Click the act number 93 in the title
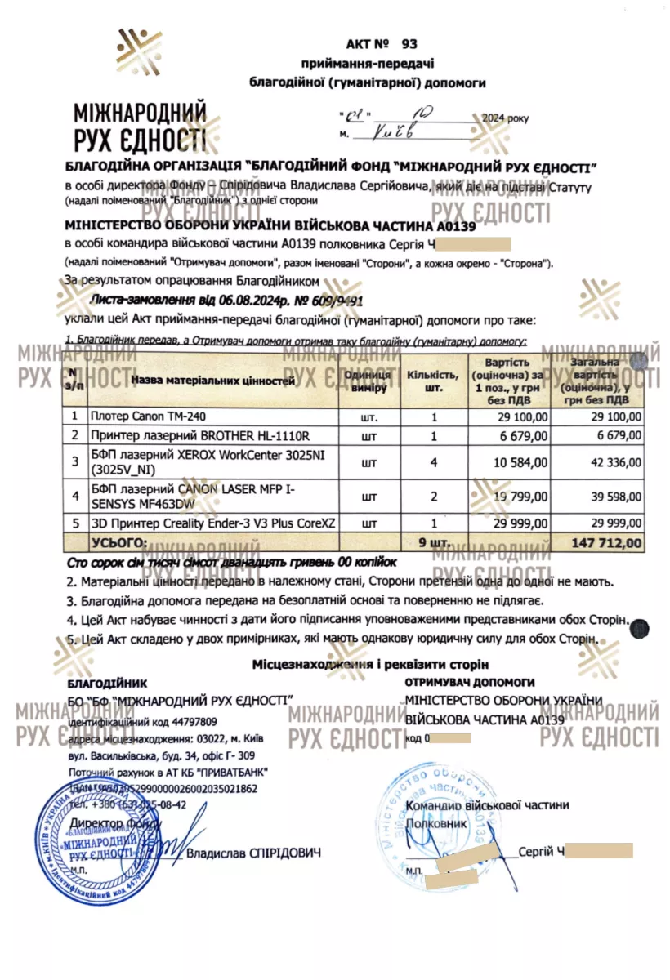point(409,43)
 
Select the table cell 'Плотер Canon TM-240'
point(143,416)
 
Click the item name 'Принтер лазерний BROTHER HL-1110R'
point(200,434)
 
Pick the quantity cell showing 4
point(434,462)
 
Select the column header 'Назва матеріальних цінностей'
point(212,380)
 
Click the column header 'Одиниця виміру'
point(369,380)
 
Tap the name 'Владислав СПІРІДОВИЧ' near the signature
point(253,853)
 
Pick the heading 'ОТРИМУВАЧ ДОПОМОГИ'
point(470,681)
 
